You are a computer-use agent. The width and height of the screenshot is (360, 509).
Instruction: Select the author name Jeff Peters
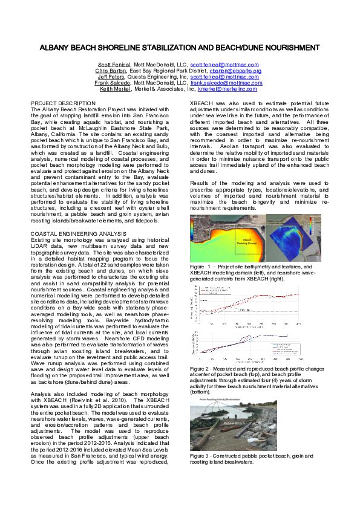pos(111,77)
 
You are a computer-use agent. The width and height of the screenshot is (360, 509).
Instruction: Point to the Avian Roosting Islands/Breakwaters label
pos(220,400)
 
